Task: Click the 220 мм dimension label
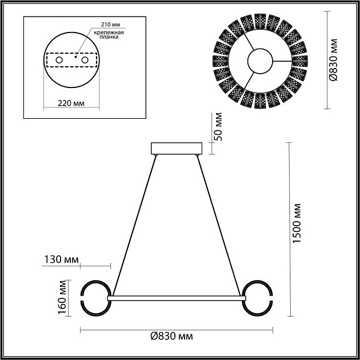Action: tap(71, 103)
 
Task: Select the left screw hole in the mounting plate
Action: tap(59, 60)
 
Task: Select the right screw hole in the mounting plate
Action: tap(85, 60)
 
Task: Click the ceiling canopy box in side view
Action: tap(176, 149)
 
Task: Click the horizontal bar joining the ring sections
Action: tap(176, 298)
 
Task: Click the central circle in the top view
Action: tap(259, 61)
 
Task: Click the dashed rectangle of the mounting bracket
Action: tap(72, 60)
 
